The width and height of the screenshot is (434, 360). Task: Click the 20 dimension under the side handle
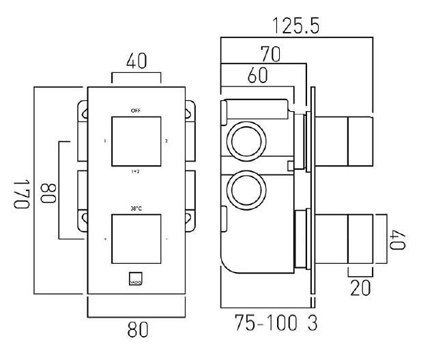click(x=362, y=288)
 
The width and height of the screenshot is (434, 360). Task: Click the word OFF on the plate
click(x=135, y=110)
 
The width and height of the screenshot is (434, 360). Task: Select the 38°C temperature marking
click(x=135, y=208)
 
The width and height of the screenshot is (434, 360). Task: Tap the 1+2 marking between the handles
click(x=135, y=172)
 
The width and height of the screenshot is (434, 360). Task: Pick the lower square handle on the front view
click(x=135, y=239)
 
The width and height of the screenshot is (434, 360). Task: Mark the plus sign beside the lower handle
click(x=105, y=240)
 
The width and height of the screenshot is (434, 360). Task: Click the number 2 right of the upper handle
click(x=166, y=141)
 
